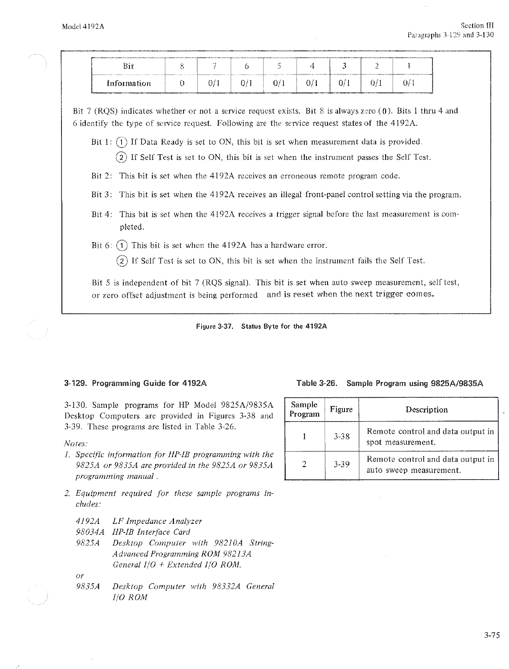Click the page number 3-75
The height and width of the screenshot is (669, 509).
point(492,636)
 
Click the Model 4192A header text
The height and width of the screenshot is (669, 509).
point(83,26)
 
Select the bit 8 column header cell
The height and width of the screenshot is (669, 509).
point(182,66)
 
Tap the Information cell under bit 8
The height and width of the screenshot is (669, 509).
point(182,83)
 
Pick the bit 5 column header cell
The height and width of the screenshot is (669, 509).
point(280,66)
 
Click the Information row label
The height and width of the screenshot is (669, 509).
point(129,83)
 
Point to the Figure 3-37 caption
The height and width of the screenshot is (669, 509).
point(261,326)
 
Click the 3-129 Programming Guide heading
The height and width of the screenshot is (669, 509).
point(135,383)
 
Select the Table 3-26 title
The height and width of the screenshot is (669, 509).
point(390,383)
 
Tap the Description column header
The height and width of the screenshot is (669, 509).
point(426,409)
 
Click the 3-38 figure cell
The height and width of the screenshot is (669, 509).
point(341,436)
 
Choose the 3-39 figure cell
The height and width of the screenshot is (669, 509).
point(341,464)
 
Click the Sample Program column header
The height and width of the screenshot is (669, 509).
point(304,409)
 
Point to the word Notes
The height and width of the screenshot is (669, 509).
point(76,443)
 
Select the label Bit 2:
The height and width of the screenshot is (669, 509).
point(102,176)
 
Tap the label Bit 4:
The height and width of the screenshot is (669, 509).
point(102,214)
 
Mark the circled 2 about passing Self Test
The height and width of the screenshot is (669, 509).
point(122,157)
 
